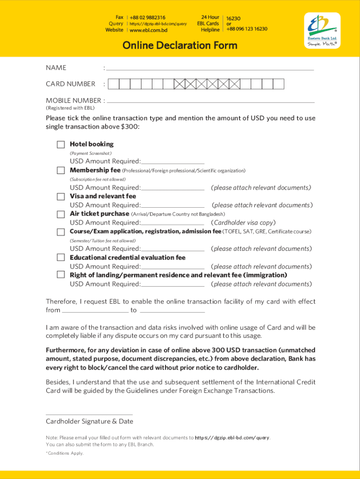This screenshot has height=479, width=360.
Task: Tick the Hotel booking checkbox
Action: click(x=61, y=144)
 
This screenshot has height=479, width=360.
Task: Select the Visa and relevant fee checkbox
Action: click(x=61, y=196)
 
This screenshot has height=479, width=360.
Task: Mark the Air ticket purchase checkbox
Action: click(x=61, y=214)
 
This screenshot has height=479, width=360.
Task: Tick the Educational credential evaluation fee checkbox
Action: click(x=61, y=257)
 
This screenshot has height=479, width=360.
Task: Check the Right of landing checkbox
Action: click(x=61, y=275)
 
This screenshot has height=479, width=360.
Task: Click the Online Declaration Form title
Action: click(x=180, y=45)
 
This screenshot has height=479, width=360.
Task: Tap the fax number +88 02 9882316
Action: click(x=147, y=18)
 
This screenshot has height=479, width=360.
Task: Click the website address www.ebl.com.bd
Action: click(x=148, y=30)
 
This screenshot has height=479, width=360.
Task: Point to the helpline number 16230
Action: click(x=233, y=19)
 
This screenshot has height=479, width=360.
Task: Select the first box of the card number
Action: click(x=113, y=84)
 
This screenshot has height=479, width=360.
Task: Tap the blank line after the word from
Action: click(x=95, y=310)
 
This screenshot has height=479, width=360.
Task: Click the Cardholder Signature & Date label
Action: click(x=89, y=421)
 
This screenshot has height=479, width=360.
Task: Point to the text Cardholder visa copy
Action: click(x=243, y=223)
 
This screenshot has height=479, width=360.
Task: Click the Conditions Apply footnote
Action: click(x=65, y=453)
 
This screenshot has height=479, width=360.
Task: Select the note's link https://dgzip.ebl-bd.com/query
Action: click(x=232, y=438)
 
